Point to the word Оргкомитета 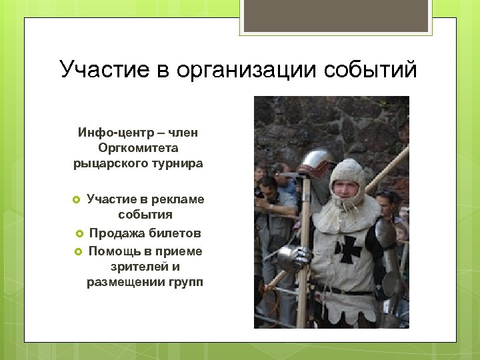pos(138,148)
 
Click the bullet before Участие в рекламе pos(76,200)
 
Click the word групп pos(186,283)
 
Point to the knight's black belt pos(347,291)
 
